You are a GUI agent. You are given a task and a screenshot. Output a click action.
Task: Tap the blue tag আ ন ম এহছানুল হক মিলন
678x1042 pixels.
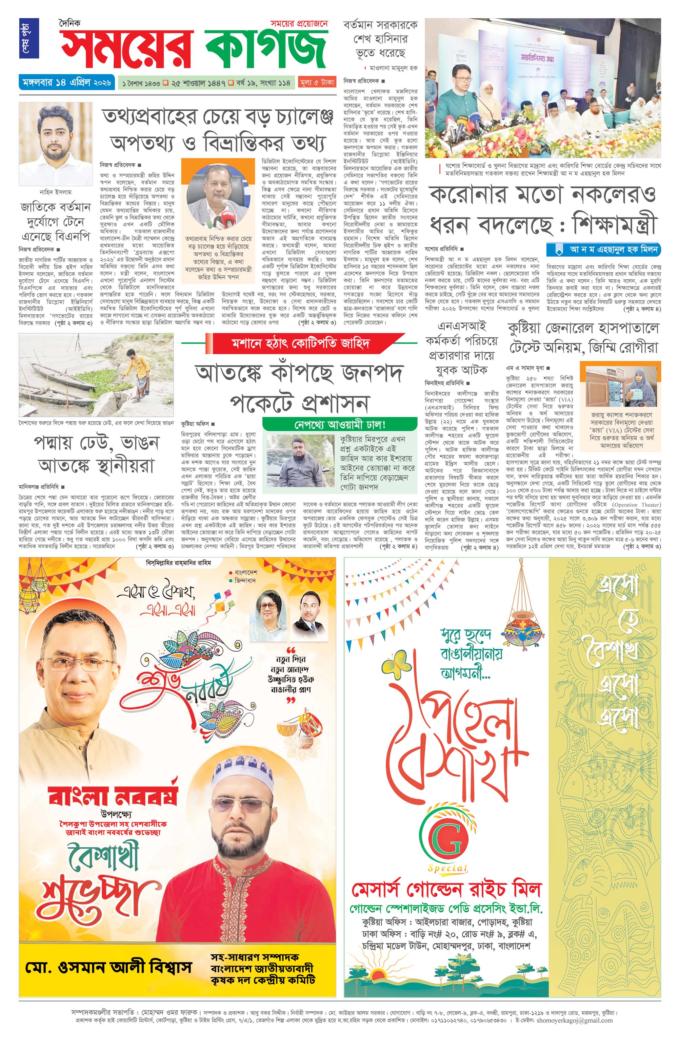[604, 249]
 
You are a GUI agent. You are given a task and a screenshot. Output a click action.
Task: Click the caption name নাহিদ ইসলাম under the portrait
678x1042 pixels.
[56, 192]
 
